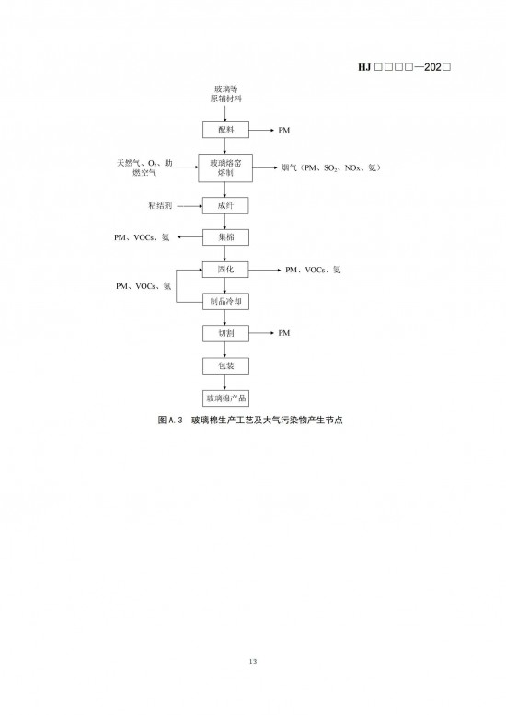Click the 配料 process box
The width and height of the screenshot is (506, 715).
(x=225, y=130)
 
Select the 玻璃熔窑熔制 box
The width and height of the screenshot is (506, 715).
(x=225, y=167)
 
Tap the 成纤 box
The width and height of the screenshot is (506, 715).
(x=225, y=205)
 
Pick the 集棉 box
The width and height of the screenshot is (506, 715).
(x=225, y=237)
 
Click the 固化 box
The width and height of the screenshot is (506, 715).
(x=225, y=270)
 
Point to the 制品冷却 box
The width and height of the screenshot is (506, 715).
(x=225, y=302)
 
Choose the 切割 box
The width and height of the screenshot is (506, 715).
(x=225, y=333)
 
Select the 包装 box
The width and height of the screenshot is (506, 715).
(x=225, y=365)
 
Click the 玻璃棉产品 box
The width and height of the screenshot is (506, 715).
(x=225, y=398)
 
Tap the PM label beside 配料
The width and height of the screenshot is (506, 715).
(x=284, y=131)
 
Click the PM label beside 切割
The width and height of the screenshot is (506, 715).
(x=284, y=333)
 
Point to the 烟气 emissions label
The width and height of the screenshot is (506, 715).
(x=331, y=167)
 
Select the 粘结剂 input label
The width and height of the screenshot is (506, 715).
(x=160, y=205)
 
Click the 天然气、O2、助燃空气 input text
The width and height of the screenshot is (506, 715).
(x=144, y=167)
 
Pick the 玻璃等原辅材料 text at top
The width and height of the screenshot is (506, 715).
(x=225, y=94)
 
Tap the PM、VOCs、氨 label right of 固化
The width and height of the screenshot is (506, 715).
(x=313, y=270)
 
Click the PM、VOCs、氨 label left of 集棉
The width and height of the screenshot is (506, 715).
(x=142, y=237)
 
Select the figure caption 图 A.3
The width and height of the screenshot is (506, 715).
(x=250, y=420)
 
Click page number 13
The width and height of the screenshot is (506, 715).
(x=253, y=662)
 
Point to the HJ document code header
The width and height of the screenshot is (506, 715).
(x=405, y=67)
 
